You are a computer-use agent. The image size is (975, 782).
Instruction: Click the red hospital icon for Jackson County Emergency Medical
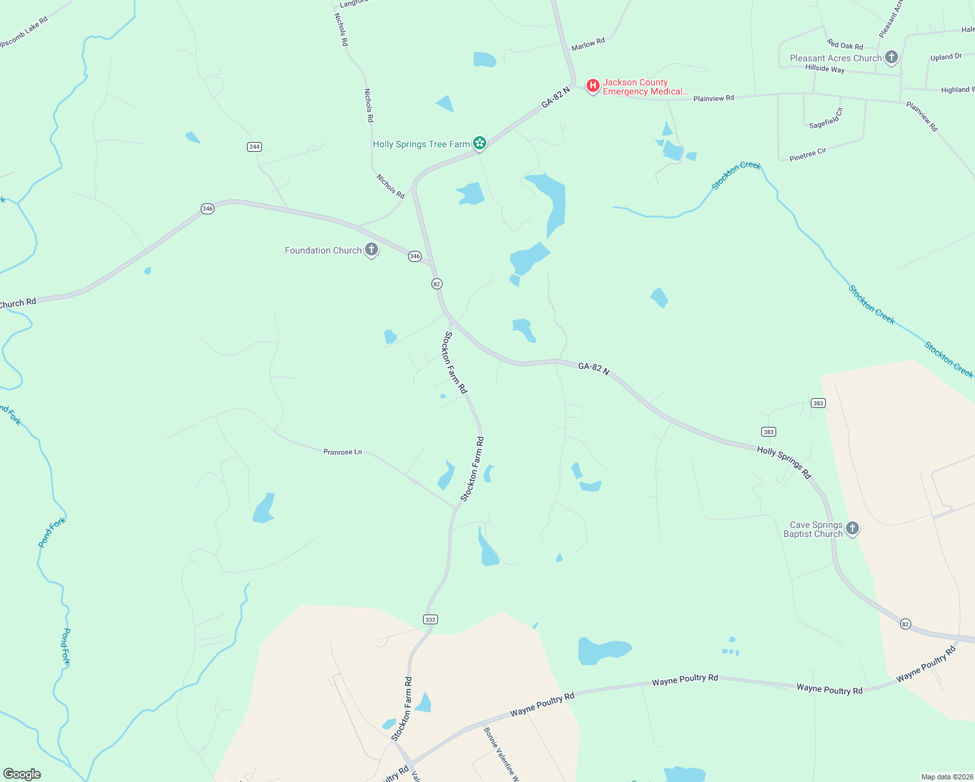point(592,86)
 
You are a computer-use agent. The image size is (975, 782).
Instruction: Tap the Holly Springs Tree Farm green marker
point(480,143)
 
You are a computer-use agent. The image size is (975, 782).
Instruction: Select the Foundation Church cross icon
point(371,250)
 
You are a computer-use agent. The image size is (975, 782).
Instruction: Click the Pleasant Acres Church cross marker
point(892,57)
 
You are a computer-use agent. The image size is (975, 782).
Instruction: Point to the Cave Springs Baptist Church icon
point(852,529)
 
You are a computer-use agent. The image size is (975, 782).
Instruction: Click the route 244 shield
point(254,147)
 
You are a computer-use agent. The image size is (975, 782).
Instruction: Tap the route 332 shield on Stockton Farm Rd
point(430,619)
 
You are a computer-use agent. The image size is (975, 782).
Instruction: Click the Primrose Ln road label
point(342,452)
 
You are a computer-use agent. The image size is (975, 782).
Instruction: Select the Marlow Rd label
point(588,44)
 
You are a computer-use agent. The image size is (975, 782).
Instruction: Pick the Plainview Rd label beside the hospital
point(714,98)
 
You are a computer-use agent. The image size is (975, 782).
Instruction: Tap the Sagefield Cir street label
point(826,118)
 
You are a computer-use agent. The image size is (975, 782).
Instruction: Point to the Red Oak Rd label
point(845,45)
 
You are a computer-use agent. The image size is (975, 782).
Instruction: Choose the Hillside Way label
point(824,68)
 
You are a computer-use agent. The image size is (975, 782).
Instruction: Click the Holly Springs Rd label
point(784,462)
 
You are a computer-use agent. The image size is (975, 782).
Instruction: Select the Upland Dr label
point(946,57)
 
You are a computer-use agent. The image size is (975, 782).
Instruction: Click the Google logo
point(22,774)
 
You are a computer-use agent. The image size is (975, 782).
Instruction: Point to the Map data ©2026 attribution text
point(946,777)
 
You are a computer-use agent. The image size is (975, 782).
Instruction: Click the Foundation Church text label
point(323,250)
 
